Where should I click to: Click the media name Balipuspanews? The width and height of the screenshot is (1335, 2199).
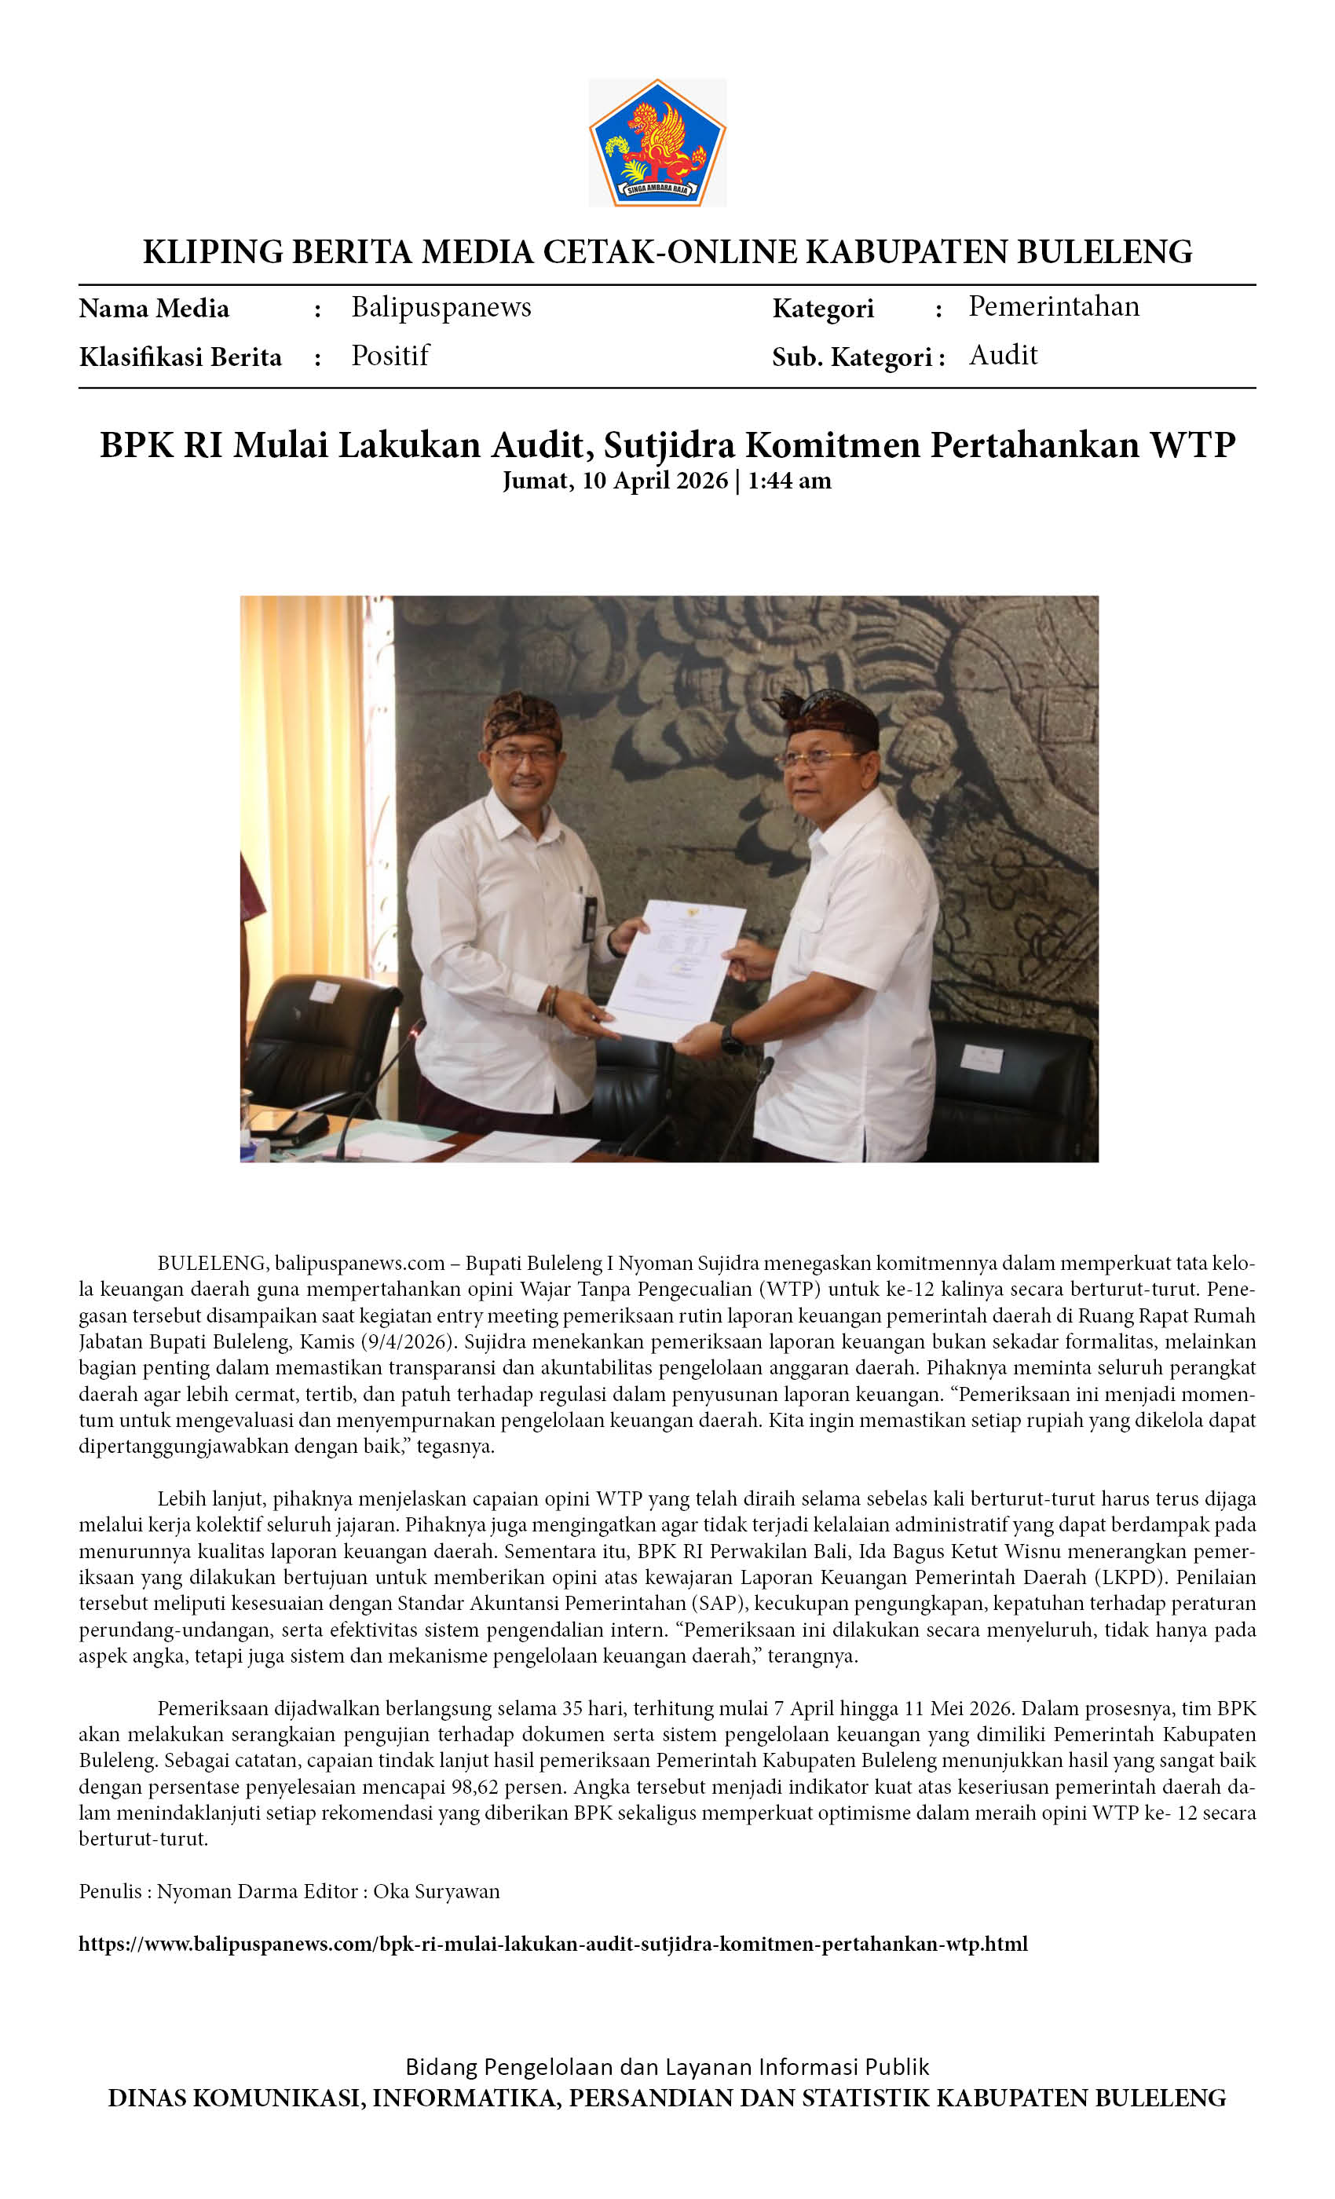click(x=441, y=307)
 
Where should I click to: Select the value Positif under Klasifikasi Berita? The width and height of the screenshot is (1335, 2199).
click(x=390, y=355)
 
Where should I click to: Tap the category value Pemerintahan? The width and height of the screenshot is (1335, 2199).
click(x=1053, y=306)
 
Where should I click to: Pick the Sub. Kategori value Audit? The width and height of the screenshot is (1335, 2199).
click(x=1003, y=355)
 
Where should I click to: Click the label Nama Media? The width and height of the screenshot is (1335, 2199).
click(x=153, y=309)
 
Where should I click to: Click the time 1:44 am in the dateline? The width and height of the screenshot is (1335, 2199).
click(x=789, y=481)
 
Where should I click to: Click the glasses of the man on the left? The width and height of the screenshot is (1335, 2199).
click(x=524, y=755)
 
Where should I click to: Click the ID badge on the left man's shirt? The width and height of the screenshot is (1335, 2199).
click(x=588, y=918)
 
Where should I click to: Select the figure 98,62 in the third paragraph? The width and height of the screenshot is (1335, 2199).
click(x=509, y=1787)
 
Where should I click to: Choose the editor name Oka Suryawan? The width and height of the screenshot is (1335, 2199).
click(x=437, y=1891)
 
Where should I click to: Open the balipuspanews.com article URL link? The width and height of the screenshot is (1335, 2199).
click(x=554, y=1944)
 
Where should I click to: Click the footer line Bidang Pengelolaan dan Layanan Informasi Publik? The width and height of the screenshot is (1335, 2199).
click(x=667, y=2067)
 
